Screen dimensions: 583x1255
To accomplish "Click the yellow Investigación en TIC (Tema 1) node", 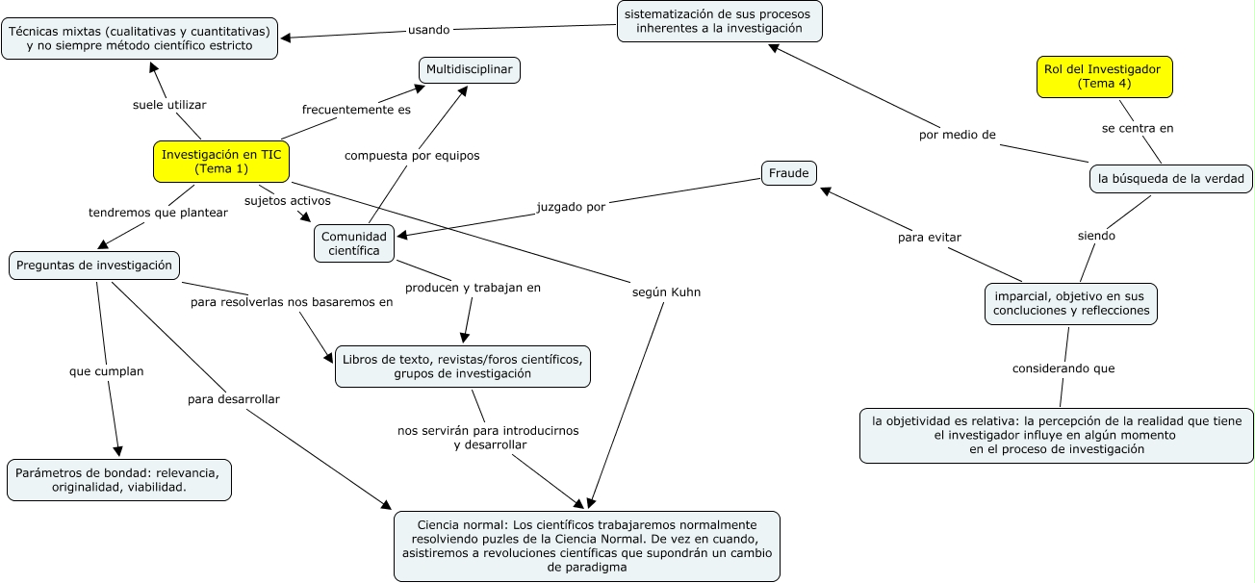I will [221, 162].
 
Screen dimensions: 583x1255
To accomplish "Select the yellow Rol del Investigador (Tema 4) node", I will [1105, 77].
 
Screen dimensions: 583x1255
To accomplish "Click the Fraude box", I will [789, 173].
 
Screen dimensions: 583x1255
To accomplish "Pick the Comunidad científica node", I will [354, 243].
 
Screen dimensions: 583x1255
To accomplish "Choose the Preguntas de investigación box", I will [94, 266].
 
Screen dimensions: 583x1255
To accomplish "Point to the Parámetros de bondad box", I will [119, 480].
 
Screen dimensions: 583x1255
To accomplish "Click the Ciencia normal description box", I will [586, 545].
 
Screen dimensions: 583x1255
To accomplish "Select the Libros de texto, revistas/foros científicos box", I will [462, 367].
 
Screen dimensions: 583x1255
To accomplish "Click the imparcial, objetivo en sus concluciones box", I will [1070, 304].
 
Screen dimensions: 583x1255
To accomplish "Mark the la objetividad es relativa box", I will [1056, 435].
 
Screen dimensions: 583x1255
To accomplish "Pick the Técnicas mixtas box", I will [141, 38].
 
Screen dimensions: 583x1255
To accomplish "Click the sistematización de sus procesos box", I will [719, 21].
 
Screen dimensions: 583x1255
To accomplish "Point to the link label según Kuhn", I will [660, 291].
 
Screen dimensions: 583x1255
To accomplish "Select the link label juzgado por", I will [571, 205].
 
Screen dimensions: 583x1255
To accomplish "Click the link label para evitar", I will [929, 237].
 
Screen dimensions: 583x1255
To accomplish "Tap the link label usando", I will [428, 30].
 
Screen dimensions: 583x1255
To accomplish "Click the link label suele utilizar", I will [169, 105].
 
